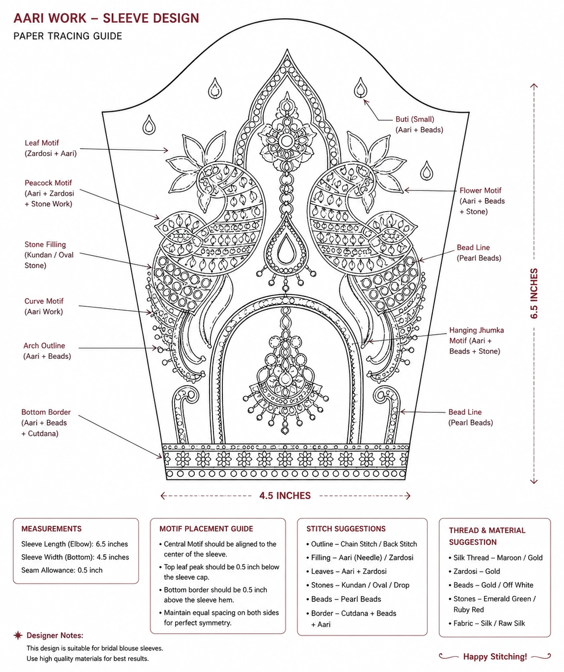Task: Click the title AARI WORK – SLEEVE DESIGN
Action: (x=106, y=18)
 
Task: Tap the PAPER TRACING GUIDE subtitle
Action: (x=68, y=36)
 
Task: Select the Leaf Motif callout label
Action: (x=51, y=148)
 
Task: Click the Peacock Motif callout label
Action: (x=49, y=193)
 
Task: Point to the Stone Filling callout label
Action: (x=49, y=255)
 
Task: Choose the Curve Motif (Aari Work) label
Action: (x=44, y=306)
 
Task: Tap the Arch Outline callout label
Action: (x=47, y=351)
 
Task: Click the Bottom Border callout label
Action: (x=46, y=423)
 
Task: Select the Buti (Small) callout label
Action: (x=419, y=124)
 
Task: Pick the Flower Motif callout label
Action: (x=482, y=201)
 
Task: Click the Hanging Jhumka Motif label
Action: (x=477, y=341)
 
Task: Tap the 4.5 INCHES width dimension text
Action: (x=285, y=495)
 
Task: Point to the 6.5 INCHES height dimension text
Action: (x=534, y=293)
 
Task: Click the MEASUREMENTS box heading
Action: (x=52, y=529)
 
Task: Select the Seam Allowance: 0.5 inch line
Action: (x=62, y=570)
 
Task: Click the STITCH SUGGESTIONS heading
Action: (x=346, y=529)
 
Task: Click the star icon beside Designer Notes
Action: (x=18, y=635)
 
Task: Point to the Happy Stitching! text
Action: (x=495, y=656)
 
